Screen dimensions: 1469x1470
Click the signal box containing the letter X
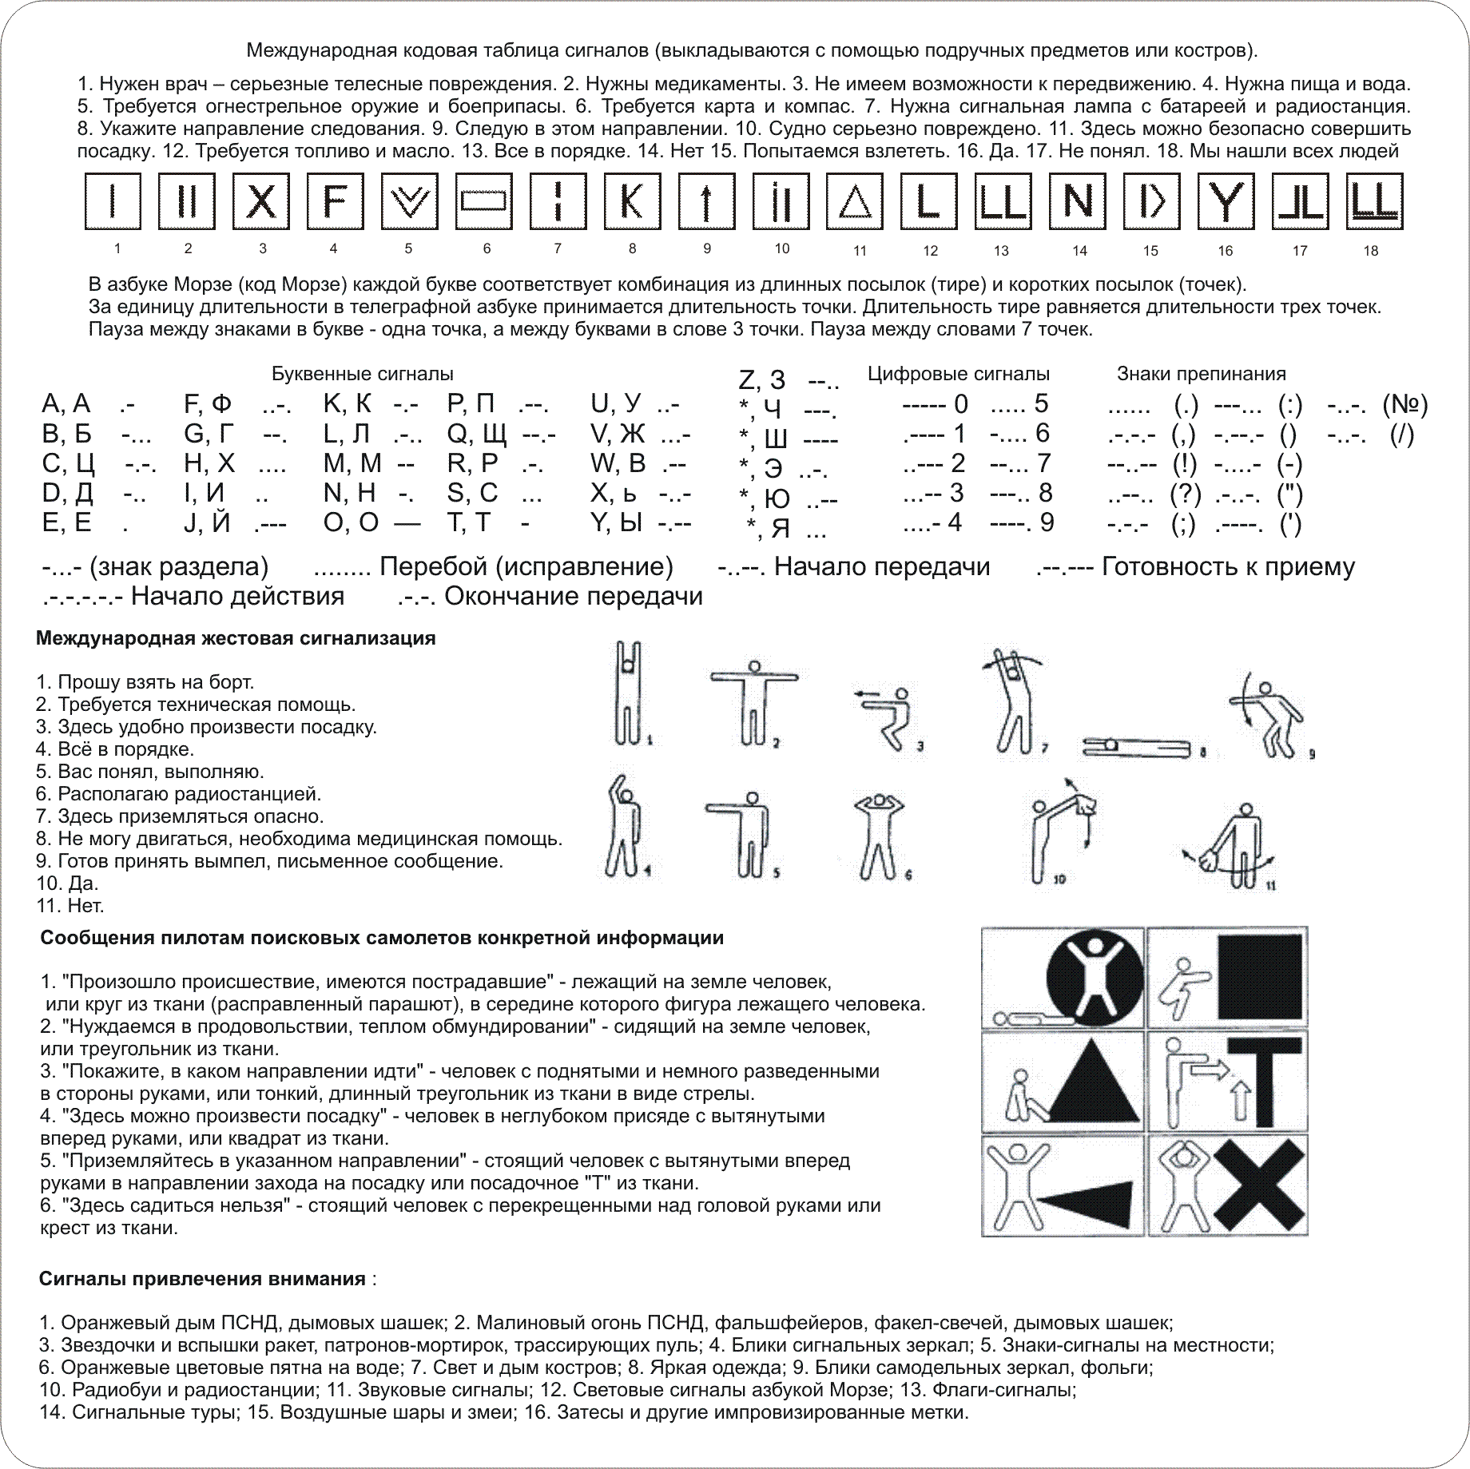pos(261,201)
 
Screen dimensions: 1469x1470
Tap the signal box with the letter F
pos(335,201)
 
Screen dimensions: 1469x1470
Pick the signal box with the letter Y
pos(1225,201)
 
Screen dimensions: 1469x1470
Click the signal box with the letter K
pos(631,201)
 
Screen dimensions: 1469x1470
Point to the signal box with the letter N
pos(1076,201)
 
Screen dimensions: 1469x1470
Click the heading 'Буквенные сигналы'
pos(363,374)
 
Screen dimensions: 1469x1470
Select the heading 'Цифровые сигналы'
pos(959,374)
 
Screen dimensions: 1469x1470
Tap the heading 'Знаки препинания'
pos(1201,374)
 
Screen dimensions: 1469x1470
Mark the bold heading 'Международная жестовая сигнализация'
pos(236,638)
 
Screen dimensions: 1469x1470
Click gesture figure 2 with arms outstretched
pos(753,702)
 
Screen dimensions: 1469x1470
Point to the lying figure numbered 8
pos(1138,746)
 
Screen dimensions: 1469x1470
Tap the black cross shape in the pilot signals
pos(1259,1185)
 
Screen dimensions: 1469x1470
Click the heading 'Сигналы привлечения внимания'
pos(202,1279)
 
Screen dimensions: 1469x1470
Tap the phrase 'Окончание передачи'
pos(573,596)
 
